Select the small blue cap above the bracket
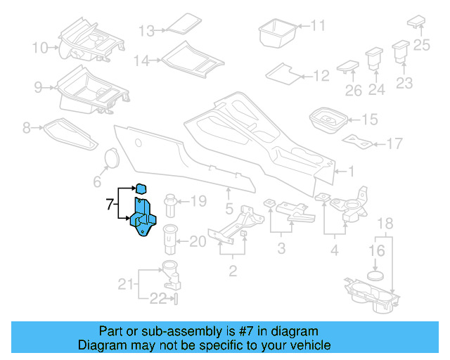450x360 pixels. [140, 188]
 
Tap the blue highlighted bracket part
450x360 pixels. [145, 219]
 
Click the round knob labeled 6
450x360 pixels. [110, 159]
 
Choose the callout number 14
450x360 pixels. [142, 61]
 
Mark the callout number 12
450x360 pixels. [321, 76]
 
